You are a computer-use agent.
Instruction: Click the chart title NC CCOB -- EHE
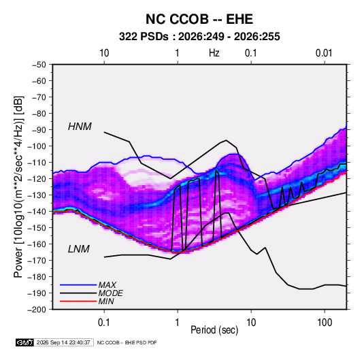point(199,19)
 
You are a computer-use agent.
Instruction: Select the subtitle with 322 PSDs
point(199,37)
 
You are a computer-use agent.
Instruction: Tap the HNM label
point(80,127)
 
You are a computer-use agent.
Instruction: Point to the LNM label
point(79,249)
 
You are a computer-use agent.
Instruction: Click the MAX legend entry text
point(107,285)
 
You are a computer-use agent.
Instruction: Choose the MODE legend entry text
point(110,293)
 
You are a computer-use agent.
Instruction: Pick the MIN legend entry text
point(106,301)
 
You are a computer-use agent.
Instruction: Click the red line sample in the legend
point(78,301)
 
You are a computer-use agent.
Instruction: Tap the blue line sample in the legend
point(78,285)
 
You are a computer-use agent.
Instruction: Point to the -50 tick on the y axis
point(39,65)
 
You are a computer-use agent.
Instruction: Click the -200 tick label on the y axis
point(37,310)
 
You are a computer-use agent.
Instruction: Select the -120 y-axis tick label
point(37,179)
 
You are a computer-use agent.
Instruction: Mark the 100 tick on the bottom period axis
point(325,323)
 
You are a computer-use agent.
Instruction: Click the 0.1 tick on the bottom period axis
point(104,323)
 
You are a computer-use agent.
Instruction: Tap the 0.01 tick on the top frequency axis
point(324,53)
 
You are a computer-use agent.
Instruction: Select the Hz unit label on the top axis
point(214,53)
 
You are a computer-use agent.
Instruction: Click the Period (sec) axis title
point(214,330)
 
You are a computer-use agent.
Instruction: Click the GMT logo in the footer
point(25,342)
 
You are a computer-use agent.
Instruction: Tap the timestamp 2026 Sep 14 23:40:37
point(63,342)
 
